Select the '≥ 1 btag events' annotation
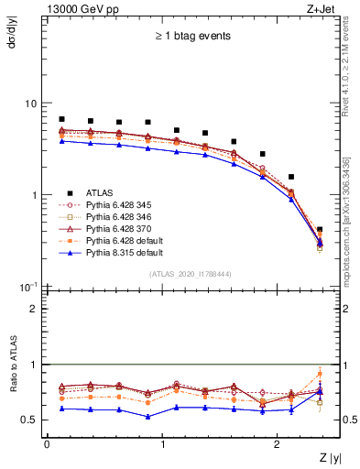tap(192, 36)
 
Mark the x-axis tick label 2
tap(279, 443)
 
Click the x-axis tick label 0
tap(47, 443)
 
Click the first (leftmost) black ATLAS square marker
tap(61, 119)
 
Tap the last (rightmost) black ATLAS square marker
tap(320, 229)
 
